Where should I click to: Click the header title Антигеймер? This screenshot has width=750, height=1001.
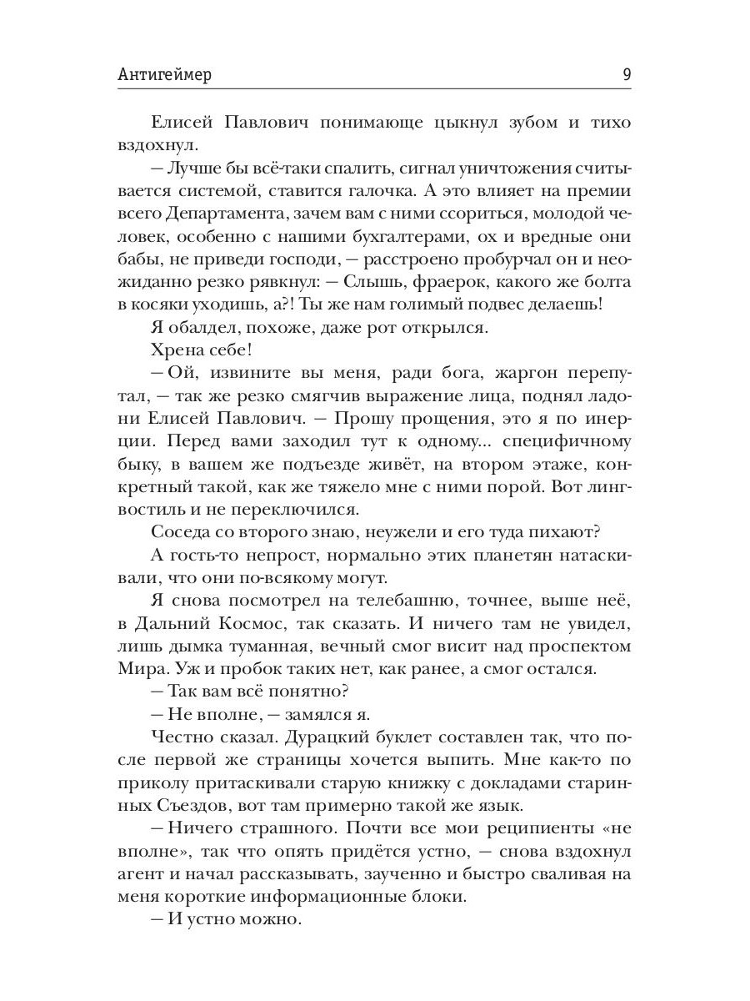165,75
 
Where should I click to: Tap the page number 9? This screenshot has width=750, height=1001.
626,75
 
